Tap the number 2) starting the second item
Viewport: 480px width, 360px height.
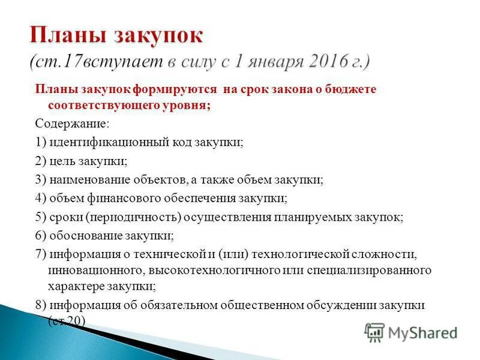(x=41, y=161)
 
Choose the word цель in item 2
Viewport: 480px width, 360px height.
(x=64, y=161)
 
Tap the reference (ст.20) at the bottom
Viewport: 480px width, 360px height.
(x=67, y=321)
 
